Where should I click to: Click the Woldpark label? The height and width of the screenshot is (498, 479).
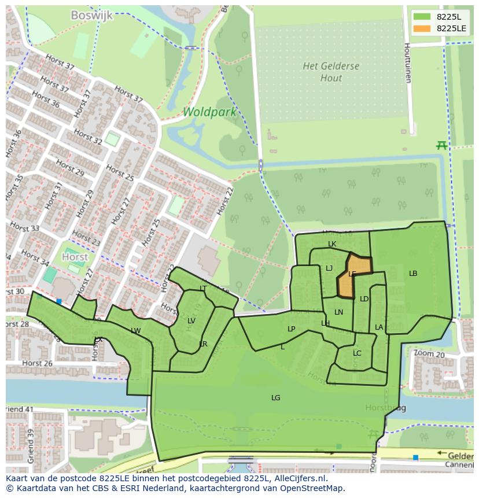tap(209, 112)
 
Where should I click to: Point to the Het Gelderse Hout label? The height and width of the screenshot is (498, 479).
tap(331, 72)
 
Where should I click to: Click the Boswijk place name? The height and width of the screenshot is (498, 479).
tap(91, 16)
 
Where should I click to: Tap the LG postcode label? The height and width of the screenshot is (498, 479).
tap(275, 398)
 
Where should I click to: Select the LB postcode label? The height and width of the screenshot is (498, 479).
tap(413, 274)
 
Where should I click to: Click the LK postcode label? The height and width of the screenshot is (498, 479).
tap(332, 244)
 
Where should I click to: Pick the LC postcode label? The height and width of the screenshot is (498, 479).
tap(357, 353)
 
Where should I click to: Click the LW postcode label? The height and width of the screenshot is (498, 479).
tap(136, 331)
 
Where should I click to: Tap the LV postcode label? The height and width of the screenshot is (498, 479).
tap(191, 321)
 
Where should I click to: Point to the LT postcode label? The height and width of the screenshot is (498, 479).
tap(203, 288)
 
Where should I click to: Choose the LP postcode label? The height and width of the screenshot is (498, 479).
tap(292, 329)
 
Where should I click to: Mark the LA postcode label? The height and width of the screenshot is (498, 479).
tap(379, 327)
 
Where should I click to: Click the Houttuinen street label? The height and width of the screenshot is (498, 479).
tap(407, 62)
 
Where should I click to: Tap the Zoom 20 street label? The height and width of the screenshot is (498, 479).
tap(429, 353)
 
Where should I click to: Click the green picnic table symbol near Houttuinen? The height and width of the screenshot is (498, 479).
tap(442, 145)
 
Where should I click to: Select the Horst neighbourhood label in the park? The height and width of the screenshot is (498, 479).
tap(75, 257)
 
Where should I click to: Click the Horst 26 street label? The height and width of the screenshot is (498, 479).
tap(37, 363)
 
